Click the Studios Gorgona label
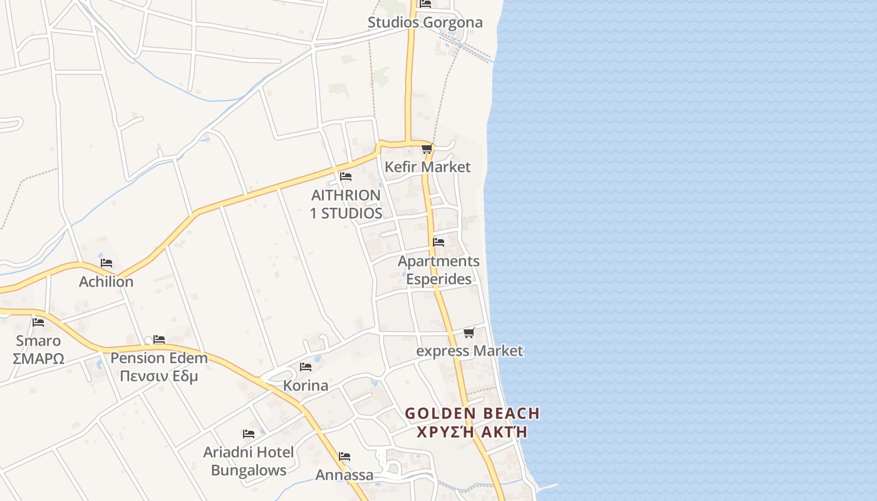pos(425,23)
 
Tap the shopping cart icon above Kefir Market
pos(427,149)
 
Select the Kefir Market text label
pos(427,167)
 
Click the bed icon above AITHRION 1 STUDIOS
pos(345,177)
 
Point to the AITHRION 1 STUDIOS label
pos(346,204)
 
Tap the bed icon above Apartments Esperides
pos(438,242)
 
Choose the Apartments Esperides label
pos(438,270)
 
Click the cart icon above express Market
pos(469,333)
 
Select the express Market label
pos(469,351)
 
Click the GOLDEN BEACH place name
pos(472,413)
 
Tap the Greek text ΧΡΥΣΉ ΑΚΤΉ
pos(472,432)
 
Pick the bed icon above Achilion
pos(106,263)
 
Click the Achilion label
pos(106,282)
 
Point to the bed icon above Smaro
pos(38,323)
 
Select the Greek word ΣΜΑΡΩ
pos(38,359)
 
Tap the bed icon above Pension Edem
pos(159,339)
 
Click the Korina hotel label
pos(306,385)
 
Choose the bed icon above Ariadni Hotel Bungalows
pos(249,434)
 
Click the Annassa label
pos(344,475)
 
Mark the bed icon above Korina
pos(306,367)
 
